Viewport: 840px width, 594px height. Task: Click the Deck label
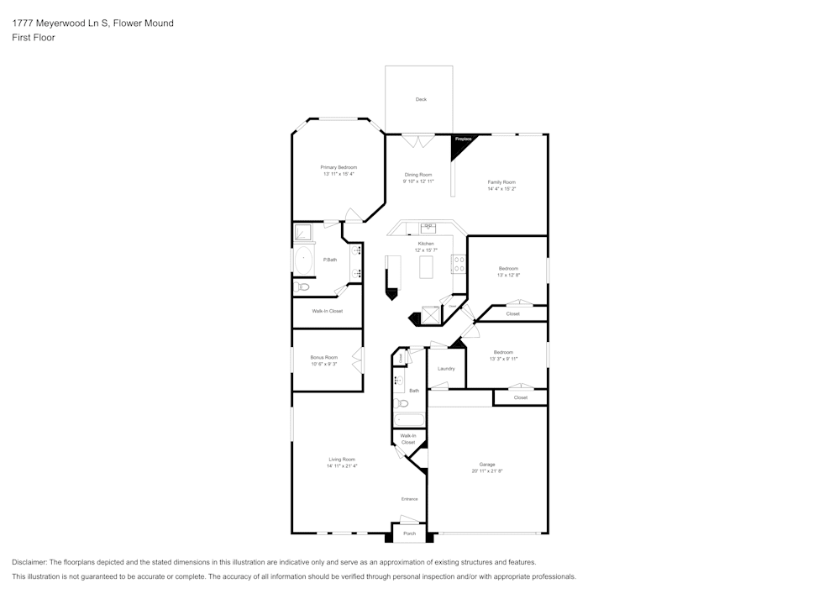click(421, 99)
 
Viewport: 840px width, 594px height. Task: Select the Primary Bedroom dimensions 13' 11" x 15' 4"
click(339, 174)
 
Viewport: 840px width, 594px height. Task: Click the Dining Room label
click(417, 175)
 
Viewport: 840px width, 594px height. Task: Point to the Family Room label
click(501, 181)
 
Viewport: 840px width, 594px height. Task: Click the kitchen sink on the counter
click(428, 227)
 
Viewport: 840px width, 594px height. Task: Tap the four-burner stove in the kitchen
click(459, 265)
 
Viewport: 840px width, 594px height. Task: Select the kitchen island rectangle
click(425, 268)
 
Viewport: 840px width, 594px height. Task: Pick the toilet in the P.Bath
click(303, 287)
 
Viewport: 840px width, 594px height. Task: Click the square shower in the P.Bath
click(302, 232)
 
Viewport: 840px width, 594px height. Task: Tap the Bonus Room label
click(323, 357)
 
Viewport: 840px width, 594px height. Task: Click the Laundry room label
click(446, 369)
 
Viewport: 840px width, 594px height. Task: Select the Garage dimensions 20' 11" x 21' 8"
click(486, 471)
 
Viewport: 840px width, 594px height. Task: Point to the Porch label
click(410, 534)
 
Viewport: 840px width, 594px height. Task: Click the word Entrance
click(409, 499)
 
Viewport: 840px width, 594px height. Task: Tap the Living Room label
click(341, 460)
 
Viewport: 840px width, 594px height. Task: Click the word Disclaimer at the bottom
click(29, 562)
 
